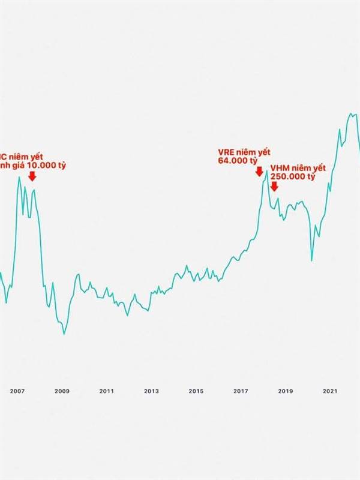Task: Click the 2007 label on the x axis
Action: click(x=17, y=391)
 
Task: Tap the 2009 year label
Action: click(x=62, y=391)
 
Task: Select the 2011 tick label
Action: click(x=107, y=391)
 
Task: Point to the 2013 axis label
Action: click(x=151, y=391)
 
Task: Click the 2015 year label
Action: click(x=196, y=391)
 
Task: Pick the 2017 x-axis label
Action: click(x=241, y=391)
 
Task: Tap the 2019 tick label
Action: click(x=285, y=391)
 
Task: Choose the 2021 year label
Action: click(x=329, y=391)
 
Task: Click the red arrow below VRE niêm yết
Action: click(x=259, y=172)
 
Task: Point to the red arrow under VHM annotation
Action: click(x=274, y=187)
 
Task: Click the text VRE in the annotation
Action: click(x=226, y=152)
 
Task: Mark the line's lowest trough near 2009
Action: click(x=64, y=334)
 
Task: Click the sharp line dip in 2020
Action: click(x=311, y=260)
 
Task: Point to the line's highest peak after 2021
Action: click(x=351, y=113)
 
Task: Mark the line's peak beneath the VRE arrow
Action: click(x=266, y=172)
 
